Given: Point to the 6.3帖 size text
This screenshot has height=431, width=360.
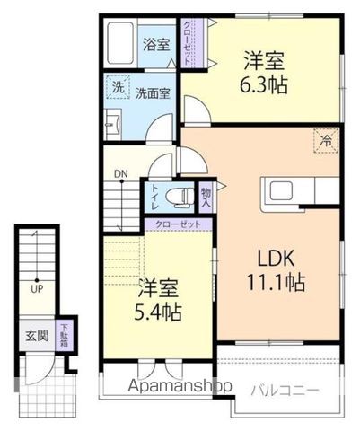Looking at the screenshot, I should pos(264,86).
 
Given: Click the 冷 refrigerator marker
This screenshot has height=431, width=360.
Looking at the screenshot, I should pos(327,140).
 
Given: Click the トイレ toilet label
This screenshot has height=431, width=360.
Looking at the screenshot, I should pos(155,197).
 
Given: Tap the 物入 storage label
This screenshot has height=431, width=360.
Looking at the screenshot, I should pos(206,198).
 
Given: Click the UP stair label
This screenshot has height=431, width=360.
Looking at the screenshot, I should pos(36,290).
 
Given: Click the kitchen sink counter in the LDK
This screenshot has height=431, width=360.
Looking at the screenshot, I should pos(287,192).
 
